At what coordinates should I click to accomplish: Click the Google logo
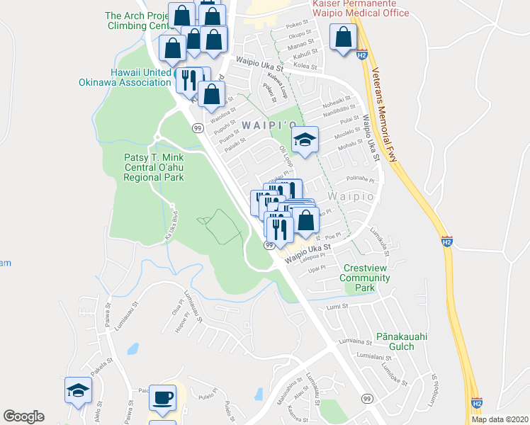pyautogui.click(x=23, y=416)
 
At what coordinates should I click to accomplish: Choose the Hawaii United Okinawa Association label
pyautogui.click(x=140, y=77)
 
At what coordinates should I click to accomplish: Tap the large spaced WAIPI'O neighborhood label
pyautogui.click(x=269, y=125)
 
